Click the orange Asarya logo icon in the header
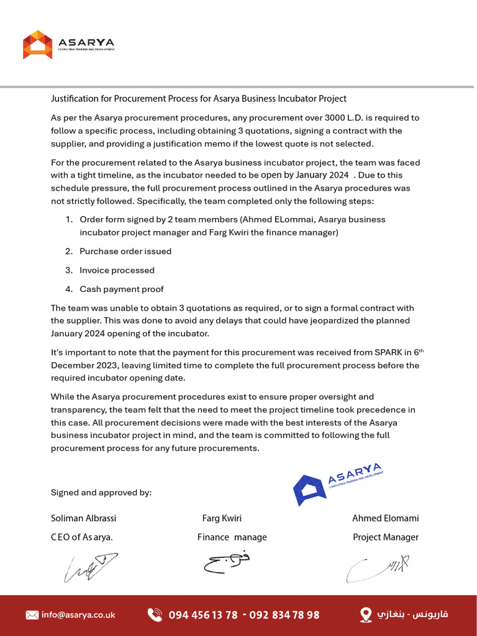click(x=38, y=45)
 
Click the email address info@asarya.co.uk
click(x=78, y=615)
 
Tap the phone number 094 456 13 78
click(x=203, y=615)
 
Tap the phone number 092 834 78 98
click(x=284, y=615)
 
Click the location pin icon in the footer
click(x=366, y=615)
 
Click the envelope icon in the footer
click(x=32, y=615)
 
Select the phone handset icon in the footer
click(x=155, y=615)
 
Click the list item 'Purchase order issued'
click(x=125, y=252)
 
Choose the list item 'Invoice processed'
click(x=117, y=270)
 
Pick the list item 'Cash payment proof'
click(x=122, y=289)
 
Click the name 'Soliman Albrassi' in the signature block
click(x=83, y=518)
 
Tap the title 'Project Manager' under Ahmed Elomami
click(x=386, y=537)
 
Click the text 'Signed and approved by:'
click(x=101, y=493)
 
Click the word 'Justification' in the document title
click(x=74, y=99)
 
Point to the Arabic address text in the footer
click(x=413, y=615)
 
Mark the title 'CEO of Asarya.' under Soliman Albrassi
click(x=82, y=537)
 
